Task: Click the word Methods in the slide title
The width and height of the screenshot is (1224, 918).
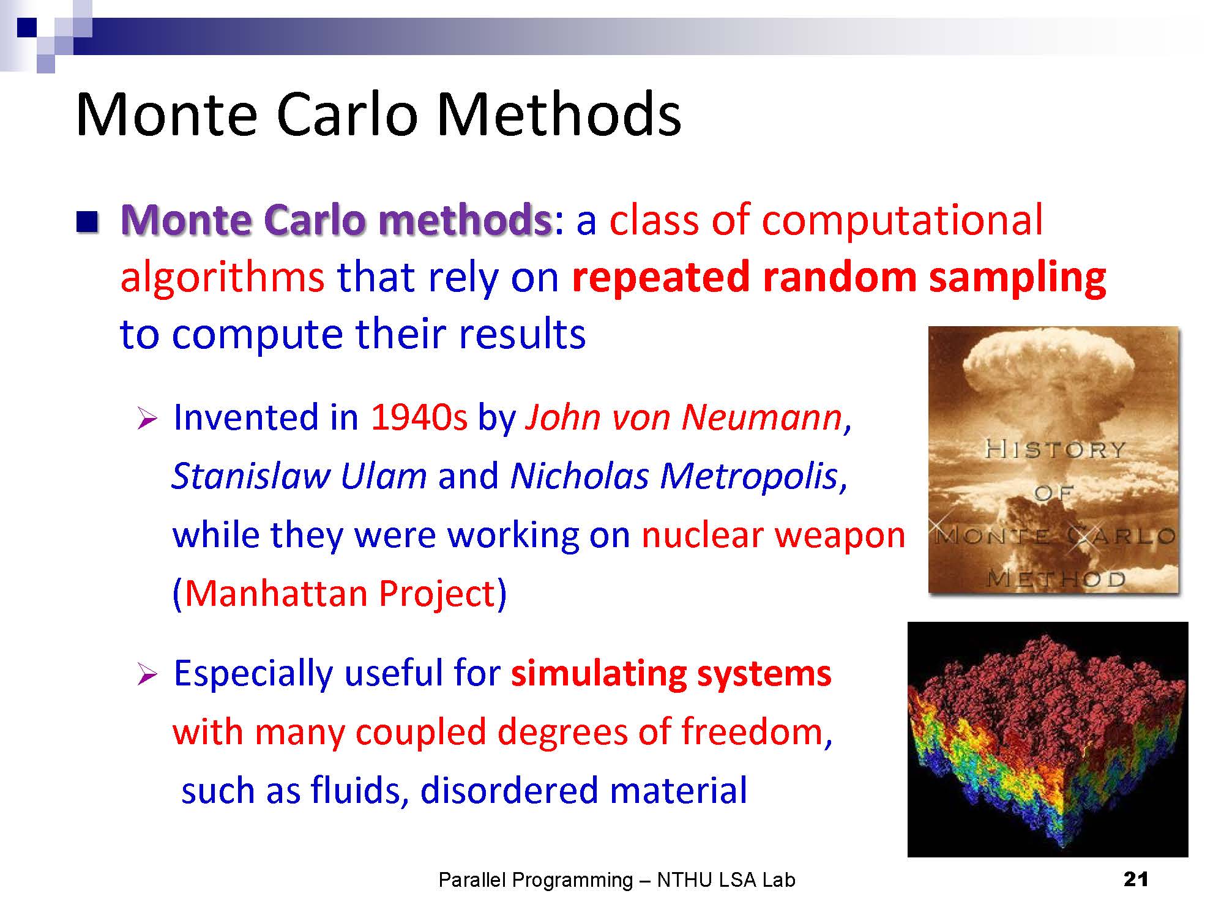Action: point(559,114)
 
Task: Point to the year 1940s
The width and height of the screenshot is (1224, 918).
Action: point(419,417)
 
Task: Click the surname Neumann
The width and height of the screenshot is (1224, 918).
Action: point(762,417)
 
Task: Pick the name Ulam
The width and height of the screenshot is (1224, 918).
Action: point(384,476)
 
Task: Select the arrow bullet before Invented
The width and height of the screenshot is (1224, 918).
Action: point(147,419)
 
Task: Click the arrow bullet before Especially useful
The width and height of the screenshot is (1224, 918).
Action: point(147,674)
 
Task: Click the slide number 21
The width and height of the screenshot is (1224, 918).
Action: point(1136,879)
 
